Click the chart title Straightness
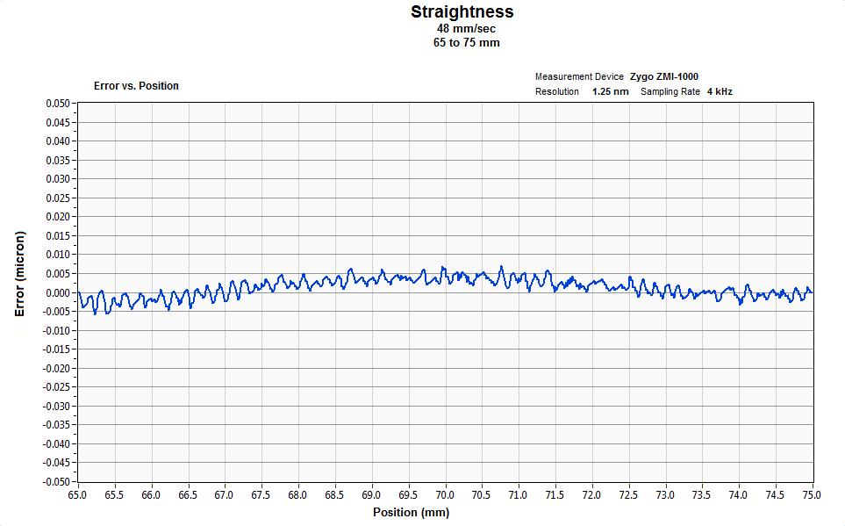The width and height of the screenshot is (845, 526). [x=462, y=12]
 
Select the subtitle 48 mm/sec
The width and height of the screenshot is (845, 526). [x=462, y=29]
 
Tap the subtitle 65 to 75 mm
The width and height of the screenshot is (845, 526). [x=462, y=42]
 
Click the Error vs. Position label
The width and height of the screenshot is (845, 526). [x=136, y=86]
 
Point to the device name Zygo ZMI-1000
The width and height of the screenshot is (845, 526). [x=664, y=77]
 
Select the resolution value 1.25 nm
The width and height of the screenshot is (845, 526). [x=610, y=91]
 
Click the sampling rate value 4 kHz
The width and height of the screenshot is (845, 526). [x=720, y=91]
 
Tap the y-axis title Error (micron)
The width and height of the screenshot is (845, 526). [x=21, y=274]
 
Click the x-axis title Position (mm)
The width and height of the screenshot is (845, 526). [x=411, y=512]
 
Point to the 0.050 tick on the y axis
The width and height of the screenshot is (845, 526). [x=56, y=104]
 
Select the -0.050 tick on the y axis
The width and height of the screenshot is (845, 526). [x=54, y=482]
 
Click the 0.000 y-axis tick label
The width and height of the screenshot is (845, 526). [x=56, y=292]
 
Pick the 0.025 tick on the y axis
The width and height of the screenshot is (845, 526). [x=56, y=198]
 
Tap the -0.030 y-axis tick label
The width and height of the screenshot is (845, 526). [x=54, y=407]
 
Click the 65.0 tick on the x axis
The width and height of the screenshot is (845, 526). [x=78, y=494]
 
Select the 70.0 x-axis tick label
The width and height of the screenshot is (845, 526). [x=445, y=494]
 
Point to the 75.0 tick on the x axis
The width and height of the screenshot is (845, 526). [x=812, y=494]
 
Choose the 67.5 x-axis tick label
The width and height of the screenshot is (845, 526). [x=261, y=494]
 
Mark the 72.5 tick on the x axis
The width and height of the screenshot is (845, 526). [x=628, y=494]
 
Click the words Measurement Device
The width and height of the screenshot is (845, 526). [x=579, y=77]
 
